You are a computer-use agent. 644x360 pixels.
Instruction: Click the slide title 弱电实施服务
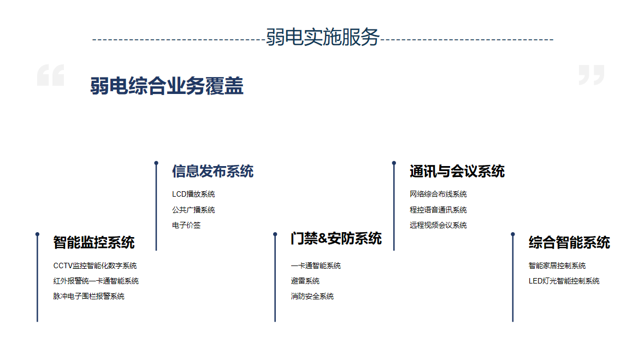click(322, 37)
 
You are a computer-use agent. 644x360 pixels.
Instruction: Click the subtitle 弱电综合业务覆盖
click(167, 86)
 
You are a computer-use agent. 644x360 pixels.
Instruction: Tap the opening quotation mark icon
click(50, 75)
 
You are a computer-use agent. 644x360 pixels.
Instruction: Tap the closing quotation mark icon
click(592, 75)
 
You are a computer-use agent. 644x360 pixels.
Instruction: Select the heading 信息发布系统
click(212, 172)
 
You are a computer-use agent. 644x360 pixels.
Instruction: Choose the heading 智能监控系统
click(94, 243)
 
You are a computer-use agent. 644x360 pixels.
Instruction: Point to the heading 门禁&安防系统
click(336, 238)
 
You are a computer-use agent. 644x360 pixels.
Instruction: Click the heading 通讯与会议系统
click(457, 172)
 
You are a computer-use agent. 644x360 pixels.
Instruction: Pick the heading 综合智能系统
click(569, 243)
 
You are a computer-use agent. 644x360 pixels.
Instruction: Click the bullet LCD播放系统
click(193, 194)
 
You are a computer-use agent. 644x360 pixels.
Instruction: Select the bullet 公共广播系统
click(193, 210)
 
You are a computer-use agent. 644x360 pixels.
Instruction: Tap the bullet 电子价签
click(186, 225)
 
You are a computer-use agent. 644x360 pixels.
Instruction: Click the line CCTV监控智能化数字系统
click(95, 266)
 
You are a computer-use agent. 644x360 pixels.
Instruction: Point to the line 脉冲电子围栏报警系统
click(88, 296)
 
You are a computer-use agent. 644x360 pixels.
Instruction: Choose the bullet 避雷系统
click(305, 281)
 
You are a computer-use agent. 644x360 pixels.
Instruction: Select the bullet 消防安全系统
click(312, 296)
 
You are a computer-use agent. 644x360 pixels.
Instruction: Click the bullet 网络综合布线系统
click(438, 194)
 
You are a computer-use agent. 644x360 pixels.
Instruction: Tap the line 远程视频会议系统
click(438, 225)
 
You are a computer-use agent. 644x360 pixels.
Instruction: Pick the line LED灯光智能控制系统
click(564, 281)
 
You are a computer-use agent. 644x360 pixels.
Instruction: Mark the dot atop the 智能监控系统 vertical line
click(37, 234)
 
